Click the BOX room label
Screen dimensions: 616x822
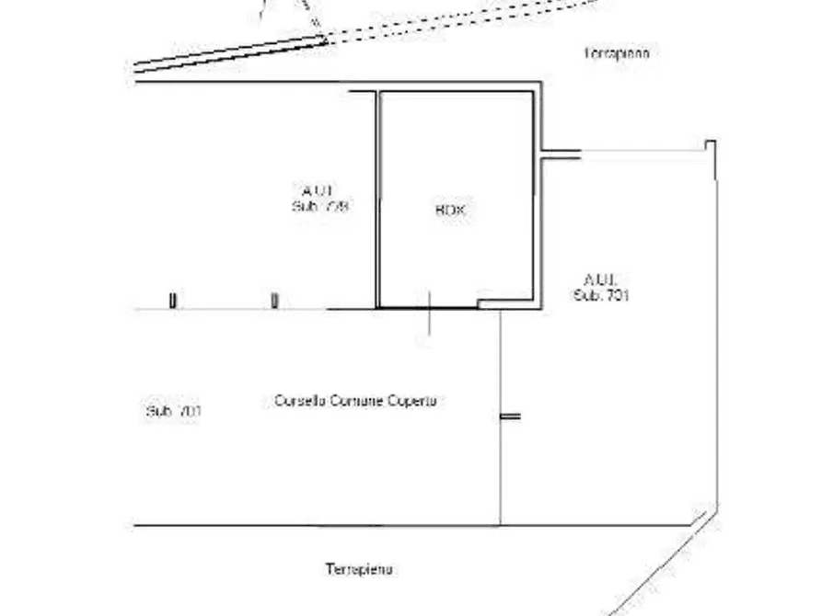click(x=450, y=211)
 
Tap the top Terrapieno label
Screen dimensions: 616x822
click(x=617, y=53)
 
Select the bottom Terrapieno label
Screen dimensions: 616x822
click(x=359, y=569)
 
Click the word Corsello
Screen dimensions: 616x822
click(x=298, y=401)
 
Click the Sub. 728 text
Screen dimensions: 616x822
click(x=319, y=206)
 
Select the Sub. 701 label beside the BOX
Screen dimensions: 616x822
click(x=601, y=295)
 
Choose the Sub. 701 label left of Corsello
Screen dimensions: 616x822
click(x=173, y=411)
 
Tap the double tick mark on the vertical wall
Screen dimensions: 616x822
click(x=510, y=417)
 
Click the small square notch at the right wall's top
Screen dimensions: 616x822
click(x=710, y=144)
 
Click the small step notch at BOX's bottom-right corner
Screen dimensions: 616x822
click(x=486, y=301)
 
